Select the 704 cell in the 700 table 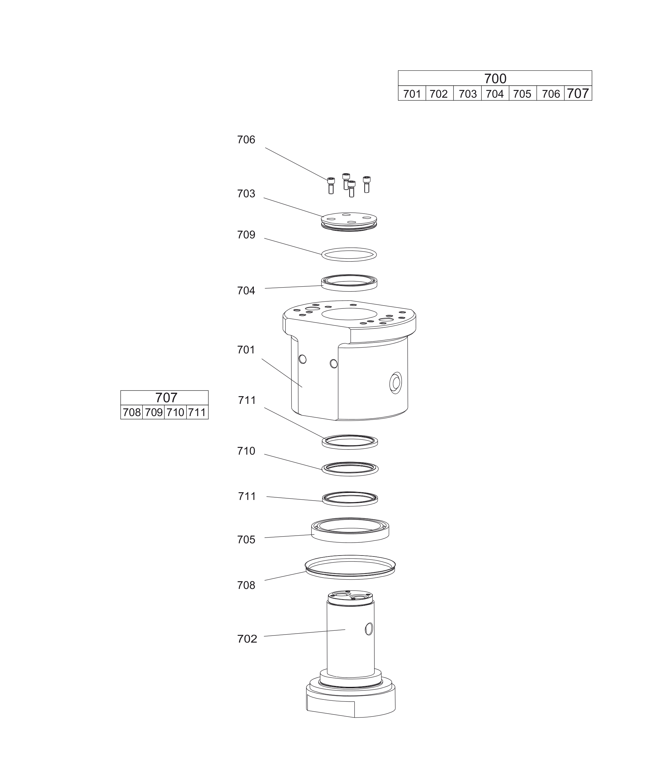pos(495,93)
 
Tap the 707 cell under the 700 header pos(578,93)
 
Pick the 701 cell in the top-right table pos(412,93)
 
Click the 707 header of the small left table pos(164,398)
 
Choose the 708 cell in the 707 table pos(132,412)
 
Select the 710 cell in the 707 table pos(175,412)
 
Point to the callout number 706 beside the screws pos(246,139)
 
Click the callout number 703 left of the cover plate pos(246,194)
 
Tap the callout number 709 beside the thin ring pos(246,235)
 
